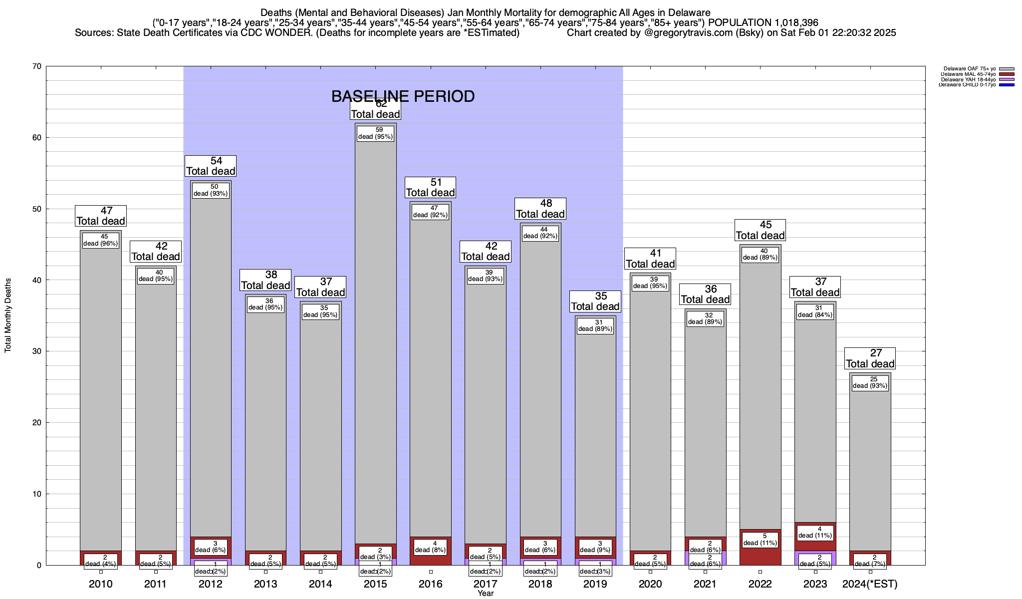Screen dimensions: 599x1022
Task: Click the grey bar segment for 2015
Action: point(376,339)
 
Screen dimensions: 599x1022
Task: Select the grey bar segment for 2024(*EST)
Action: point(870,464)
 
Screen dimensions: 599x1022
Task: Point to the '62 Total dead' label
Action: point(376,109)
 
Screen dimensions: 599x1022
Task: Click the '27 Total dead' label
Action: point(870,358)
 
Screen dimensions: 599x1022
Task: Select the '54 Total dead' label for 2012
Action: point(211,166)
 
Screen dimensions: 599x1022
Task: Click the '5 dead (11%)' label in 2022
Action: point(760,539)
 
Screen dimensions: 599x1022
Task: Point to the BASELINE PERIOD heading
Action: point(403,96)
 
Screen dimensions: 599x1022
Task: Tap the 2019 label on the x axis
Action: point(595,584)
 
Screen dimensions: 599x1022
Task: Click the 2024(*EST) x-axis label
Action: point(870,584)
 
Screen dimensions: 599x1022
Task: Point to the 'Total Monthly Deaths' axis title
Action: point(8,315)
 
